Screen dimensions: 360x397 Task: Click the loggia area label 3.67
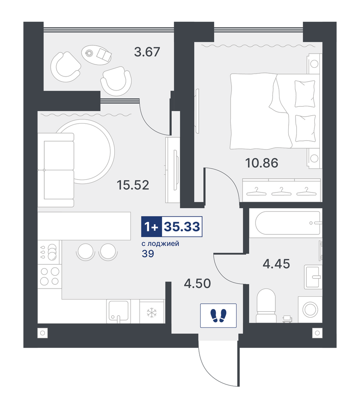147,52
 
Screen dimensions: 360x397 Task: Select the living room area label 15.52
133,185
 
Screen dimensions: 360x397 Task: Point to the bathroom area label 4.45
276,264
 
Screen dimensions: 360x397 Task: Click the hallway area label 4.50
197,283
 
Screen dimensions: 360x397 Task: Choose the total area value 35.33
182,227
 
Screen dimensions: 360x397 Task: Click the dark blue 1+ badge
152,227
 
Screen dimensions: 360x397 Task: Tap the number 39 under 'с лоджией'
148,254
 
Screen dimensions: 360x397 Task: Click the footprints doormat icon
218,315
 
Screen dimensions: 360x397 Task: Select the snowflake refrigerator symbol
152,313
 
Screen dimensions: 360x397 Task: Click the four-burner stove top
50,276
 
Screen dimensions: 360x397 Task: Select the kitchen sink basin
119,311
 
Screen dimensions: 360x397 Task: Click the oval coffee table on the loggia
97,54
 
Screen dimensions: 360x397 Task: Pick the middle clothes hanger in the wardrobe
281,191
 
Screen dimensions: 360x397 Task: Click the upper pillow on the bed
305,94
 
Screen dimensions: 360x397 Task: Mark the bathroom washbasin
313,277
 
